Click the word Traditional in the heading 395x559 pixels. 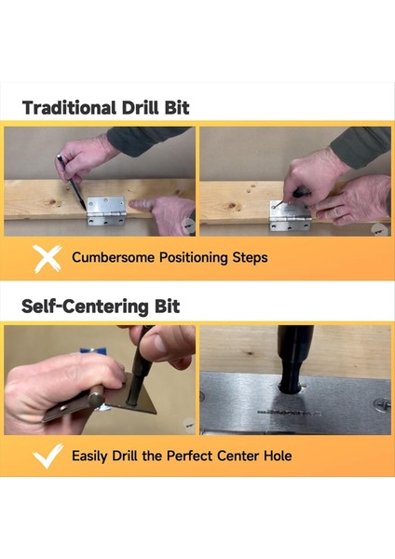tap(69, 108)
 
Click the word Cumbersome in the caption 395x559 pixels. tap(113, 257)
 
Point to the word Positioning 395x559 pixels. tap(194, 257)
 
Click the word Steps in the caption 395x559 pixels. tap(250, 257)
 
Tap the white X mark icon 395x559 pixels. tap(47, 258)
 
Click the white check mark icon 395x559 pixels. tap(48, 456)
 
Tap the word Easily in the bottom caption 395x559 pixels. tap(89, 456)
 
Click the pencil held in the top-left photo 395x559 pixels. tap(72, 183)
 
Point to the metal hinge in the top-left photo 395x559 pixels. tap(106, 211)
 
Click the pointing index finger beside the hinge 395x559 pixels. tap(143, 204)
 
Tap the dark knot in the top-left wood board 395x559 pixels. tap(53, 203)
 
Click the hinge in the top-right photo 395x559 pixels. tap(290, 216)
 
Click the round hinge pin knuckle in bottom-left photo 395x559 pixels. tap(96, 400)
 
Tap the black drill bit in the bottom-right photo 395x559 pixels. tap(294, 359)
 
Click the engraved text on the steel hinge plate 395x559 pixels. tap(289, 413)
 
